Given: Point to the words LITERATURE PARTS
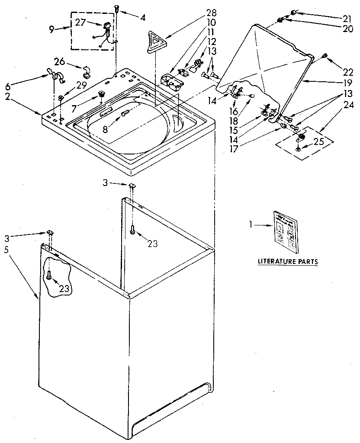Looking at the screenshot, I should click(288, 262).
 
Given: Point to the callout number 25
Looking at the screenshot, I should click(319, 141).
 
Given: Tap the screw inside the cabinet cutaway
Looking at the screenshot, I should click(49, 274).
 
